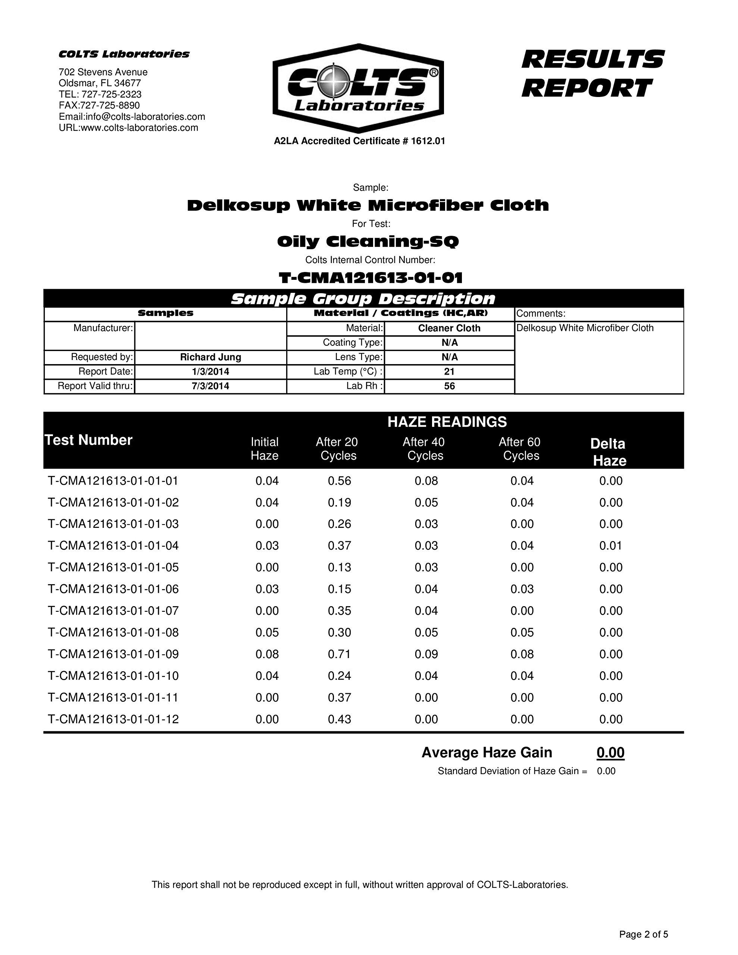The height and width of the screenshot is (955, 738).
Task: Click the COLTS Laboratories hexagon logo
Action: (358, 88)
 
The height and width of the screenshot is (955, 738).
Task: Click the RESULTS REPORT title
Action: (593, 73)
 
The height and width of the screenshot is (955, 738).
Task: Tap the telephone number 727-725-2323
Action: (111, 94)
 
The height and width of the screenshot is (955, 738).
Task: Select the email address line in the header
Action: (132, 117)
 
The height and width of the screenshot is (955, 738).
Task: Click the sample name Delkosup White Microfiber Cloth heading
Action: (368, 205)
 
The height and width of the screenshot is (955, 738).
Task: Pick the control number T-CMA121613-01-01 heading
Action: (370, 278)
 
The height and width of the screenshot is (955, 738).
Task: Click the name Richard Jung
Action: (210, 357)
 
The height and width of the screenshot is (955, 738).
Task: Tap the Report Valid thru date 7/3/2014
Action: (210, 386)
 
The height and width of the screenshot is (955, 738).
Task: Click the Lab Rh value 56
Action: (449, 386)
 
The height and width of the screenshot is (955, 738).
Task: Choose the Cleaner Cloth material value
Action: (449, 328)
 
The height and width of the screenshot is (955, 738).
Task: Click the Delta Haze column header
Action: (609, 452)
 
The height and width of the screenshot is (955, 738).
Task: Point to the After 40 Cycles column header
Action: (424, 449)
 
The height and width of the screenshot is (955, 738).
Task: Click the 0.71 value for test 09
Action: (340, 654)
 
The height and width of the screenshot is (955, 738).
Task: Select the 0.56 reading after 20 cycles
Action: (340, 481)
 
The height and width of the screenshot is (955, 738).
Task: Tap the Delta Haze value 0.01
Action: (611, 546)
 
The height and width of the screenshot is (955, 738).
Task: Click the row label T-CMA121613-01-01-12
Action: (113, 719)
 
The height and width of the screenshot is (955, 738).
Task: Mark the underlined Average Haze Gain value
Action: (610, 752)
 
